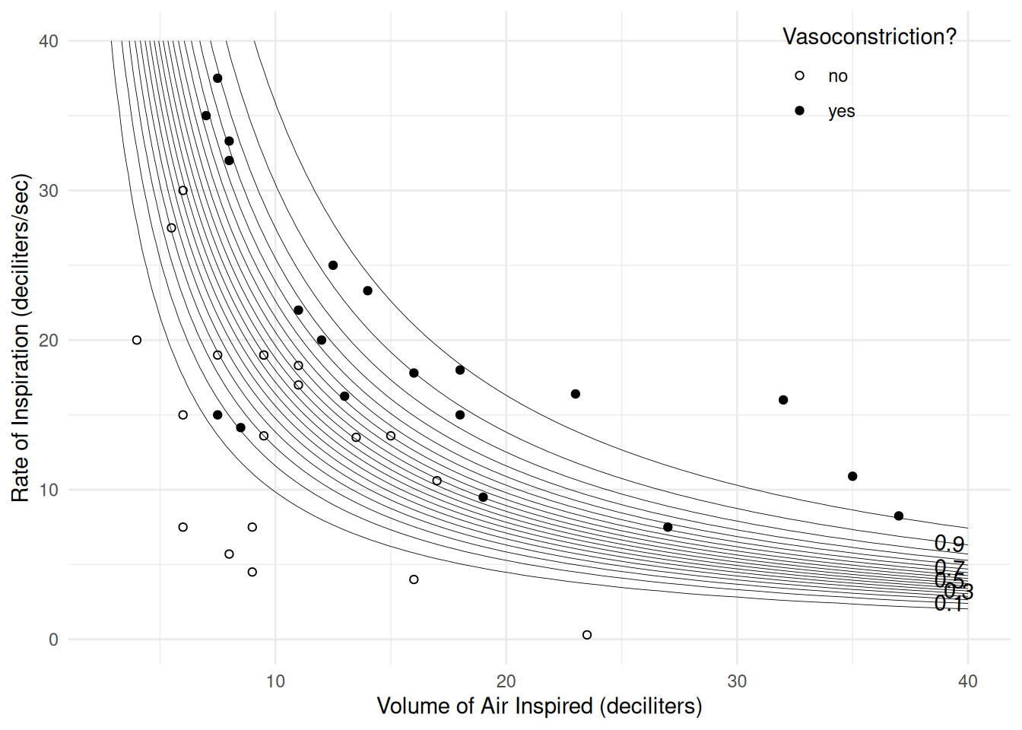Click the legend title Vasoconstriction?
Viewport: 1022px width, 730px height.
pos(869,36)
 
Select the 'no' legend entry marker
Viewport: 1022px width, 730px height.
pos(799,75)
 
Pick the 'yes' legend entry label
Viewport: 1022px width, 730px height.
pos(841,111)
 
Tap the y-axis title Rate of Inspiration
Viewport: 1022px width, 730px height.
pos(21,338)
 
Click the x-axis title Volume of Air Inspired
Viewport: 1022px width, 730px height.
pos(539,706)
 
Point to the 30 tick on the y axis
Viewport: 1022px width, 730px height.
pos(49,191)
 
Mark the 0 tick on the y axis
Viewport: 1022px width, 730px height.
pos(53,640)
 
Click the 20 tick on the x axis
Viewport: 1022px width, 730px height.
pos(506,681)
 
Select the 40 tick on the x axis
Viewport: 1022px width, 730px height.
pos(967,681)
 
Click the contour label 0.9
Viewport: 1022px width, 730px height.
pos(949,544)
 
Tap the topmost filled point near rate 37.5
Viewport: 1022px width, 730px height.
pos(217,78)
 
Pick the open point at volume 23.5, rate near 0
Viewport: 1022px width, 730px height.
pos(587,635)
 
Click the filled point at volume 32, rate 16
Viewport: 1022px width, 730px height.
pos(783,400)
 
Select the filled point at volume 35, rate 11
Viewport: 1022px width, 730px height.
pos(852,476)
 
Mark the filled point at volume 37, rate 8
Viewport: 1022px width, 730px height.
pos(899,516)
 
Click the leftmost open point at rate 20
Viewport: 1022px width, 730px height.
pos(137,340)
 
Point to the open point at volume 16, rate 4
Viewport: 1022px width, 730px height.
pos(414,579)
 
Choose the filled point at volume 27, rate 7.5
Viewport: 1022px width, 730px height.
pos(668,527)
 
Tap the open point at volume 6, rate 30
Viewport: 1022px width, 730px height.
pos(182,190)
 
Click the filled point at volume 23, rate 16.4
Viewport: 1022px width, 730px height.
pos(576,394)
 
